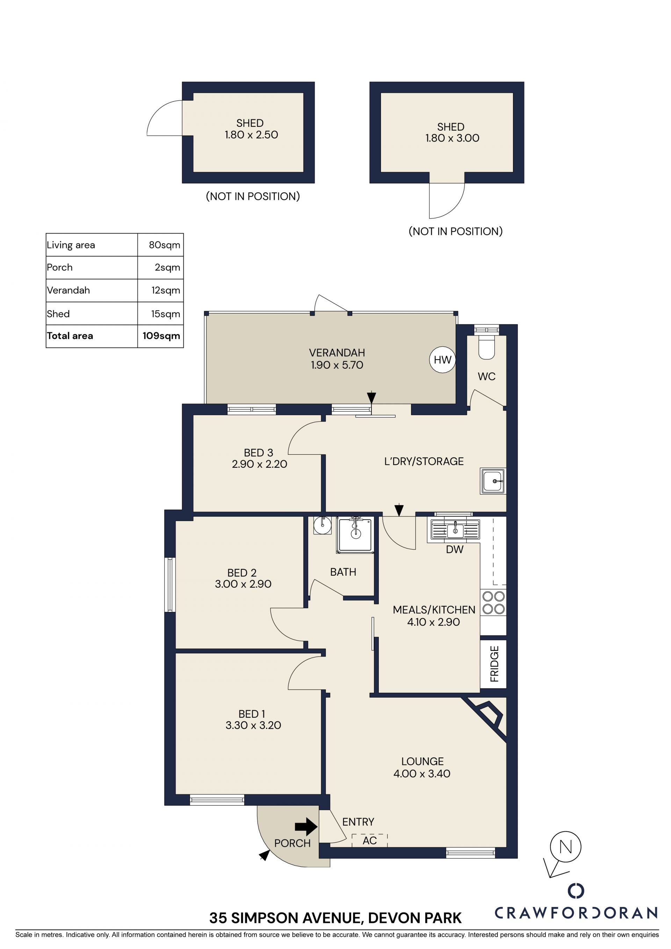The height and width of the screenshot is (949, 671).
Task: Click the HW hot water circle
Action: point(442,360)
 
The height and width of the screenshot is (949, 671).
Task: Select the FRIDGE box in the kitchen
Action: point(493,664)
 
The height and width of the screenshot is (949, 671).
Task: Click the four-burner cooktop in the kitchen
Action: point(493,603)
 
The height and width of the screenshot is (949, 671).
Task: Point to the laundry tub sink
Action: point(492,481)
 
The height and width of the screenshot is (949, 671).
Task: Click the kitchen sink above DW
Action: point(455,530)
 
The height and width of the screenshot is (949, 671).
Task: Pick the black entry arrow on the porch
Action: point(306,827)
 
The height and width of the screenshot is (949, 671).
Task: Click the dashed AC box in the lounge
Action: point(369,840)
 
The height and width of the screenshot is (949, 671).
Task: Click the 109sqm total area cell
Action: point(161,336)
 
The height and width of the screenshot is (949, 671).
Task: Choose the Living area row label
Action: point(71,245)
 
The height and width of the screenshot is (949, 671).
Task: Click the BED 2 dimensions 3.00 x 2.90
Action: point(243,584)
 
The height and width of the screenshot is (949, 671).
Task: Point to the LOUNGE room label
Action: point(422,761)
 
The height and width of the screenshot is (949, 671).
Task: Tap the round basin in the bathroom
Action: point(322,525)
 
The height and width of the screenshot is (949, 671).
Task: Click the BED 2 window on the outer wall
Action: point(169,584)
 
